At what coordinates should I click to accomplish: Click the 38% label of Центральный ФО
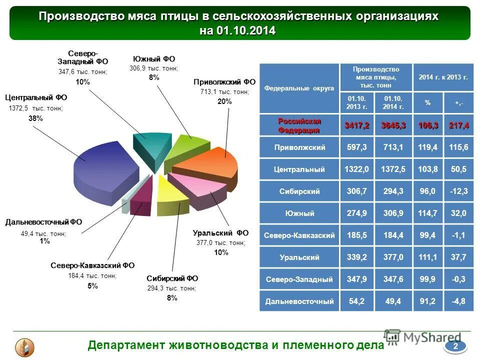pos(35,118)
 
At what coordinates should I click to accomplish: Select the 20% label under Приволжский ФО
pos(224,101)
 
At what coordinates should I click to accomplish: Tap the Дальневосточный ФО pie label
pos(43,222)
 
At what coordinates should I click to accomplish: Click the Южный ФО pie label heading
pos(154,59)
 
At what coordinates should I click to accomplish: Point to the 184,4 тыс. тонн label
pos(92,275)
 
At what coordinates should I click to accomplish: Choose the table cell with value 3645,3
pos(393,125)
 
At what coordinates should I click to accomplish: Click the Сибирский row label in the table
pos(299,191)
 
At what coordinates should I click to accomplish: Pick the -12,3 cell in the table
pos(458,191)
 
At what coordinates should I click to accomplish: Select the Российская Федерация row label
pos(299,125)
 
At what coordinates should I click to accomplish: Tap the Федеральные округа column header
pos(299,88)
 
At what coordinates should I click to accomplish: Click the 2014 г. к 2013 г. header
pos(443,77)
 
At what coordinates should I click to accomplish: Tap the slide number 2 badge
pos(455,346)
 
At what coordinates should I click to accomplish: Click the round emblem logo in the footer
pos(24,346)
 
